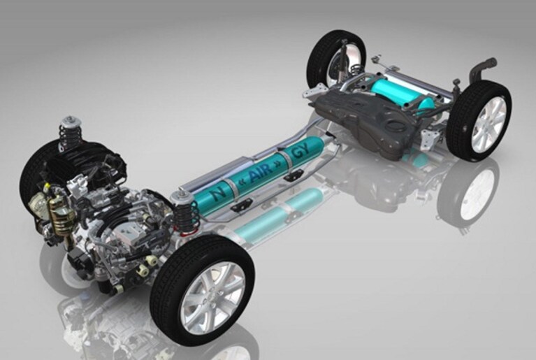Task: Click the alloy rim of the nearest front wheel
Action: pos(212,297)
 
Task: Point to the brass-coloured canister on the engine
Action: pos(61,215)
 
